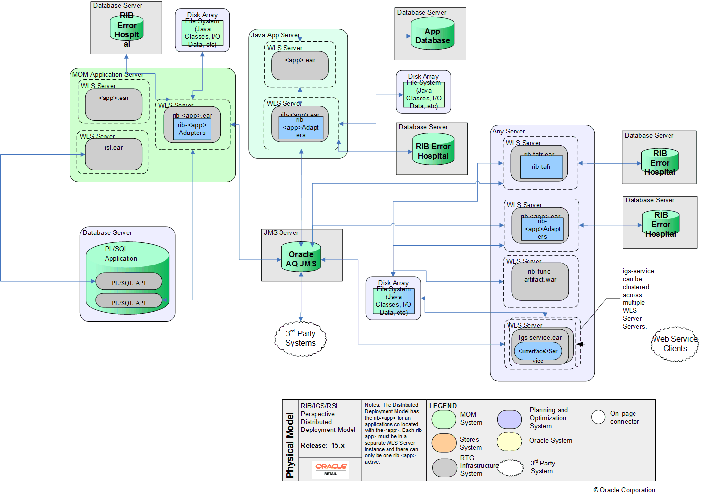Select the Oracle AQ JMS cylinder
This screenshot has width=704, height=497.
point(301,258)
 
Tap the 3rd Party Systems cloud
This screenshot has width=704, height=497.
point(301,338)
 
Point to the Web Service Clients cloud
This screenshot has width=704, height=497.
point(675,344)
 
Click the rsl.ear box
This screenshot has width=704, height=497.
point(114,154)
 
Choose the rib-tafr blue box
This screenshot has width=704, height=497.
point(541,167)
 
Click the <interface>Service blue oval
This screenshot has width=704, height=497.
point(538,351)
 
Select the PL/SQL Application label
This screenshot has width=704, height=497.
point(121,254)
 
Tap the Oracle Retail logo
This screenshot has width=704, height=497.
point(331,469)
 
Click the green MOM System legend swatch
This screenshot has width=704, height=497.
point(444,419)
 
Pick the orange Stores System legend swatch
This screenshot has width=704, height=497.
point(444,443)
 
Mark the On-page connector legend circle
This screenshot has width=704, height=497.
point(598,417)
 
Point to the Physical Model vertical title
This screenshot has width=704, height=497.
point(290,445)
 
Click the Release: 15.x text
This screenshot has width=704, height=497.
point(322,445)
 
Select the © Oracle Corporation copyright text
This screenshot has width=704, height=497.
point(624,490)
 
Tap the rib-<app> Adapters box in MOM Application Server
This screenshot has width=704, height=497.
point(192,129)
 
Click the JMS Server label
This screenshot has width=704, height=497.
point(281,232)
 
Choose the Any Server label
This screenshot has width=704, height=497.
point(508,131)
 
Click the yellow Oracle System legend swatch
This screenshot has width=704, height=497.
point(509,442)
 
